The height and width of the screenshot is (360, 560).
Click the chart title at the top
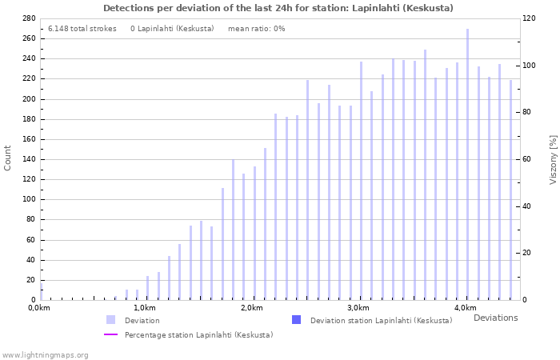pyautogui.click(x=278, y=8)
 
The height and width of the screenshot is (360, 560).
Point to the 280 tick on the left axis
pyautogui.click(x=28, y=18)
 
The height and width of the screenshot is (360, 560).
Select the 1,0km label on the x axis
pyautogui.click(x=144, y=308)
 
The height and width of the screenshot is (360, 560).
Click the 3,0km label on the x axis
pyautogui.click(x=358, y=308)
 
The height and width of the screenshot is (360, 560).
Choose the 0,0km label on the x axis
pyautogui.click(x=39, y=308)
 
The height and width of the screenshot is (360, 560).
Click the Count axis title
pyautogui.click(x=8, y=158)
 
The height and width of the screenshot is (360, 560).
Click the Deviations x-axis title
pyautogui.click(x=495, y=318)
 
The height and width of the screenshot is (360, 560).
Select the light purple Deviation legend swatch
pyautogui.click(x=110, y=320)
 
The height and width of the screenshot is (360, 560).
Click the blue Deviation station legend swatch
pyautogui.click(x=296, y=320)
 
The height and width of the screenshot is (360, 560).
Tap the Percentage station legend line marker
pyautogui.click(x=110, y=335)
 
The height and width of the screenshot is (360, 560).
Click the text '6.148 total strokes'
pyautogui.click(x=82, y=29)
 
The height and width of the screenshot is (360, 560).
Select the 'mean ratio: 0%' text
pyautogui.click(x=256, y=29)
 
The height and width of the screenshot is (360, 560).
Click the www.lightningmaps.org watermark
pyautogui.click(x=46, y=354)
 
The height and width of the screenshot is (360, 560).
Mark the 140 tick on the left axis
pyautogui.click(x=28, y=159)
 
